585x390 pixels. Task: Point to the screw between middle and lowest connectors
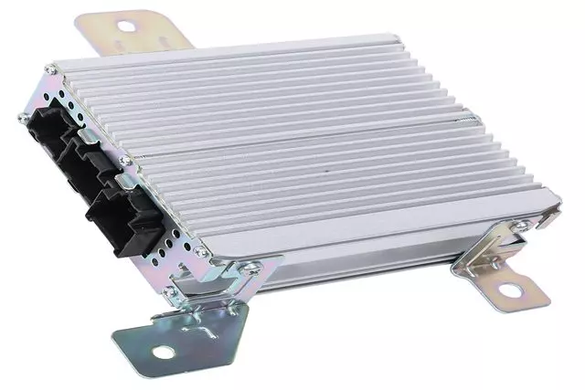(x=124, y=161)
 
